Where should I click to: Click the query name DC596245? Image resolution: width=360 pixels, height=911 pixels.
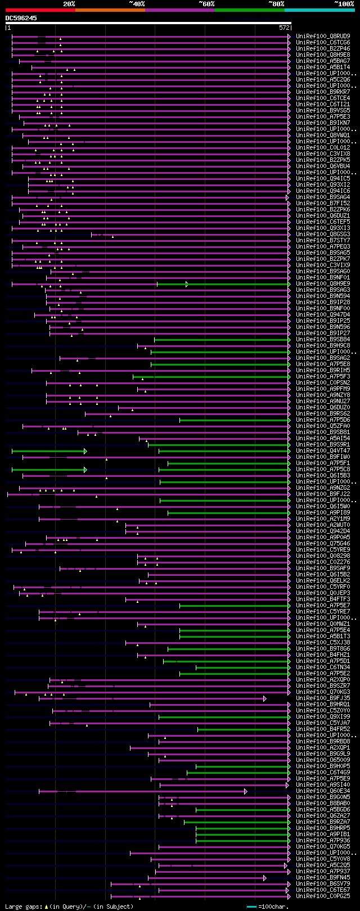tap(21, 18)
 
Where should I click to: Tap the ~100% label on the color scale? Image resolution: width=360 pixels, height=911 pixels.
tap(344, 3)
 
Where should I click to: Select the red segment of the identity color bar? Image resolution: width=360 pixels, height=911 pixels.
tap(40, 10)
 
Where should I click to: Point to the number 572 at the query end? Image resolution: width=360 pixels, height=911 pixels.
tap(284, 27)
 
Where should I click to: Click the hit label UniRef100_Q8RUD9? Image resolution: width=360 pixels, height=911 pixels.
tap(323, 36)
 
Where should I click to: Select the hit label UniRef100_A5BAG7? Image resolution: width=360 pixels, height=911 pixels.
tap(323, 61)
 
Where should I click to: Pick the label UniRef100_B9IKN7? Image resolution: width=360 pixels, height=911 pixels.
tap(323, 123)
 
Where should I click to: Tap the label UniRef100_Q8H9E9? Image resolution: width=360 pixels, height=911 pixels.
tap(323, 283)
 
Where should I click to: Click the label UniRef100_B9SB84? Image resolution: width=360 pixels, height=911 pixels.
tap(323, 339)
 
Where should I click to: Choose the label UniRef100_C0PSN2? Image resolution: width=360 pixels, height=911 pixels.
tap(323, 382)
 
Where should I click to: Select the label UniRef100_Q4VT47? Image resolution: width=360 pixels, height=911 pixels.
tap(323, 450)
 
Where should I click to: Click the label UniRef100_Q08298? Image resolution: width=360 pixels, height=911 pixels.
tap(323, 556)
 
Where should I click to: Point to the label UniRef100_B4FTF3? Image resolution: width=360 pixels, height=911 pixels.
tap(323, 599)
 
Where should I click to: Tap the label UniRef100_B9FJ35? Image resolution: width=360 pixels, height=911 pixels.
tap(323, 698)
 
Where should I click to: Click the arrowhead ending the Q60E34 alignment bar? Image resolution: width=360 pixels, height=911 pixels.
tap(246, 791)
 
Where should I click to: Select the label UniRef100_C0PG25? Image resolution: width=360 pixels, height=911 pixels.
tap(323, 896)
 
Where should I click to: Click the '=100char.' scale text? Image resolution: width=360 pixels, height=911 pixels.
tap(273, 907)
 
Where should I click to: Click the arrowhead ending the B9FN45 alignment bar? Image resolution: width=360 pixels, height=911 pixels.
tap(265, 877)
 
